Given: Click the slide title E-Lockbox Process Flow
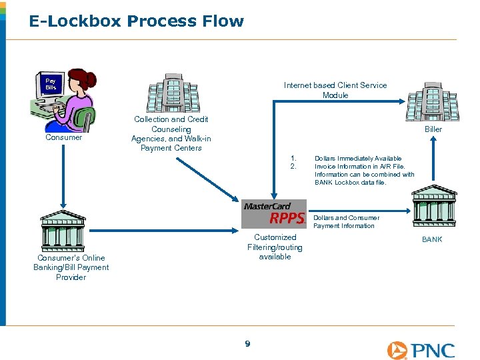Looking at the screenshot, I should click(136, 21).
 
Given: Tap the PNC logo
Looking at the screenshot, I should click(421, 350).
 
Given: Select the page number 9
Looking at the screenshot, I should click(247, 344).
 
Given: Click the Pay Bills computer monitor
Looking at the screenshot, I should click(51, 85).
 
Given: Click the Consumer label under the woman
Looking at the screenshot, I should click(63, 137).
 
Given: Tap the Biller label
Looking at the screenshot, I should click(433, 129).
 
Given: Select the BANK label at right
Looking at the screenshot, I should click(432, 239).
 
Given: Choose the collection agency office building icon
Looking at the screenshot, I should click(173, 93).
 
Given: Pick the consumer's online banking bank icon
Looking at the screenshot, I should click(63, 230).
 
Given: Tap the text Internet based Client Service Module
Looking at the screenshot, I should click(335, 90).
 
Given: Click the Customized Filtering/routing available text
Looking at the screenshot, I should click(275, 247).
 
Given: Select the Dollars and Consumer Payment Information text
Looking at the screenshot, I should click(346, 221).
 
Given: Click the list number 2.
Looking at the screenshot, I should click(293, 167).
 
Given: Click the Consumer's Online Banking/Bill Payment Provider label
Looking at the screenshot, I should click(71, 267).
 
